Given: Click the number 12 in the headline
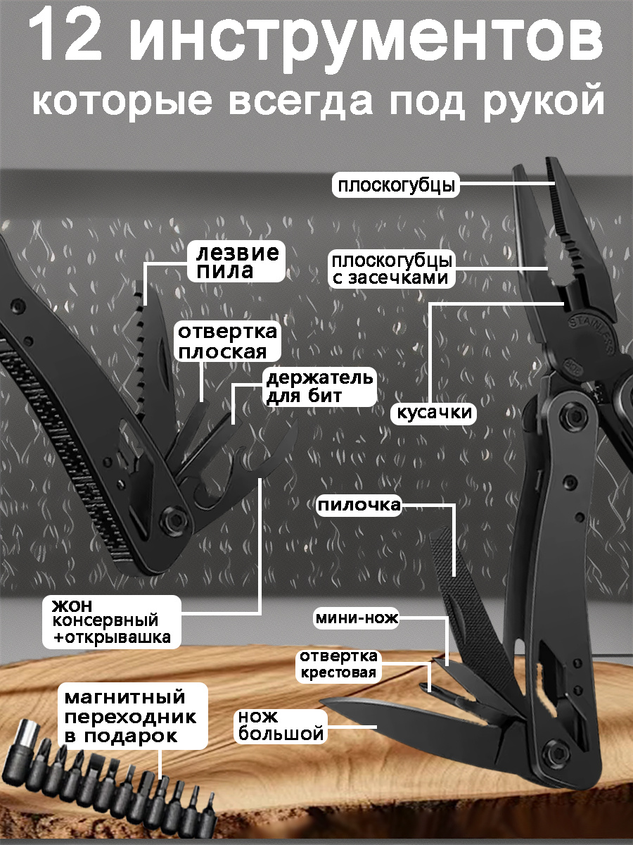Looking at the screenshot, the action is (x=65, y=37).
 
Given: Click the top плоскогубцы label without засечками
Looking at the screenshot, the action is (x=396, y=185).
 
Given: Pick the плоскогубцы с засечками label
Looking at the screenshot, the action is (x=392, y=269).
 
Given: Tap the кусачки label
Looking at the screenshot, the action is (x=433, y=413).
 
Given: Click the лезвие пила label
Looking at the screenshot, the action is (x=236, y=262).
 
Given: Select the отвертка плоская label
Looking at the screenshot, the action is (x=227, y=341).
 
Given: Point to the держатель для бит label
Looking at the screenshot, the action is (x=320, y=387).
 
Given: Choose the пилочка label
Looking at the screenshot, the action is (x=359, y=506).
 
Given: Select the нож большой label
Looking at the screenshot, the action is (x=281, y=726).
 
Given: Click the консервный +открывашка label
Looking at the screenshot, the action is (x=111, y=622).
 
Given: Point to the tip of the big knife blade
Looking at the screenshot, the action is (x=321, y=703).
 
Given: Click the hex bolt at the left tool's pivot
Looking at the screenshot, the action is (x=175, y=520).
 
